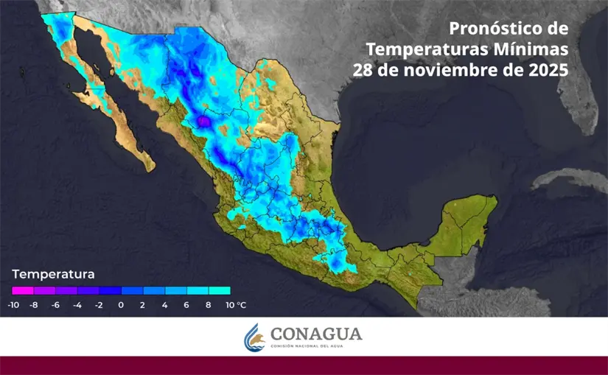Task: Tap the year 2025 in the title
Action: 545,71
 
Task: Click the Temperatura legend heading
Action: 53,275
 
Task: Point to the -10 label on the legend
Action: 13,305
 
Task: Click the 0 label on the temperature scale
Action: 121,305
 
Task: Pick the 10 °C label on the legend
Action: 235,305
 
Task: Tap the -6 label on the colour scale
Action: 55,305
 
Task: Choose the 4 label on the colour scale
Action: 164,305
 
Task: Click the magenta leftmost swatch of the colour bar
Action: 23,291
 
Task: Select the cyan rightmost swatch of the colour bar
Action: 220,291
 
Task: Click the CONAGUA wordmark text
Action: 316,334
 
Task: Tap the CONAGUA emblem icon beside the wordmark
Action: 254,337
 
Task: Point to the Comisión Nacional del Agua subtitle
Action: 316,346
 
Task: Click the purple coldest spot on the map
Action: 203,119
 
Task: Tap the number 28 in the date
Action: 362,71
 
